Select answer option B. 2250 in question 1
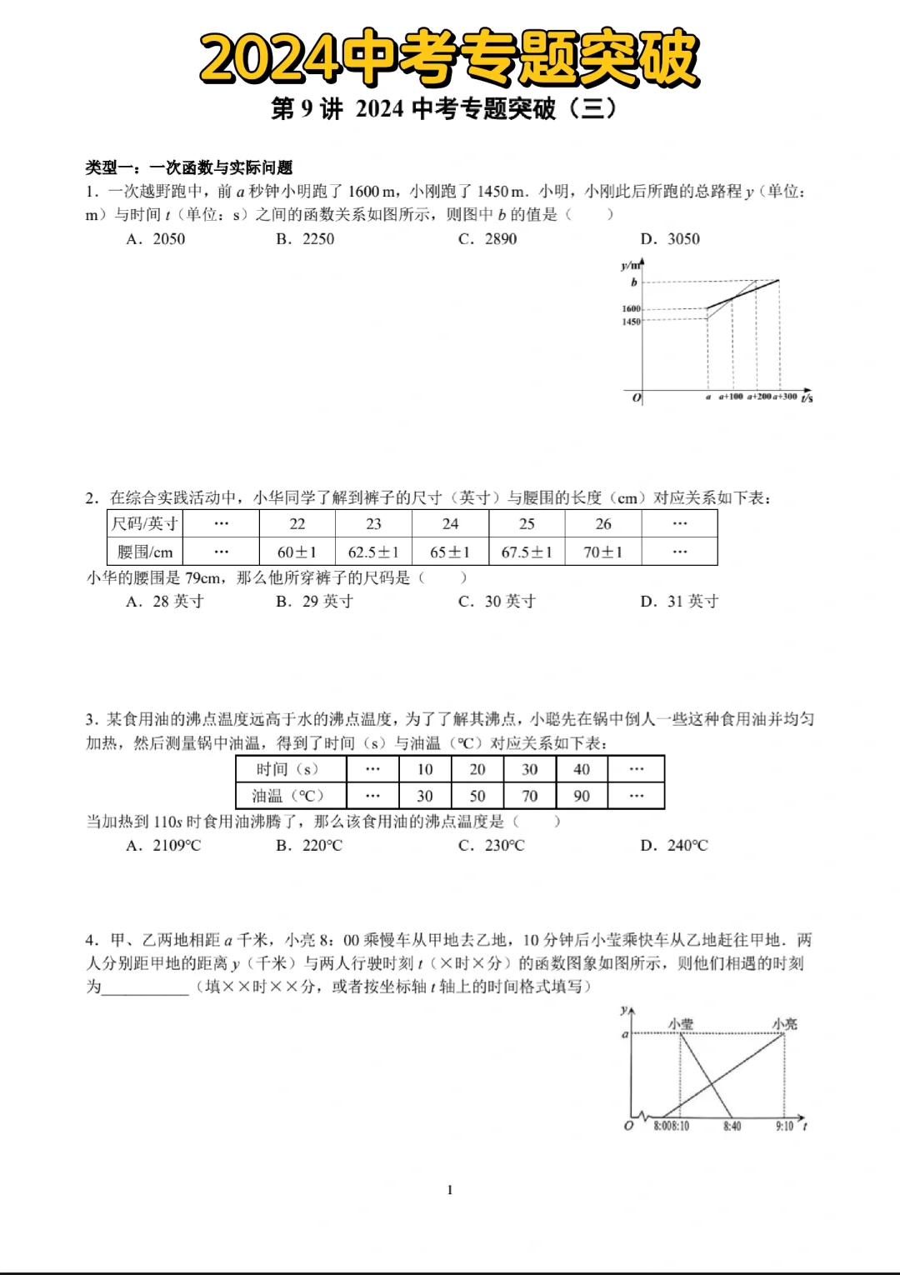click(305, 239)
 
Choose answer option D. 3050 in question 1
click(670, 239)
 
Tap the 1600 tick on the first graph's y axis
click(631, 308)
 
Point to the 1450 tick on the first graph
click(631, 322)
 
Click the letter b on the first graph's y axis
click(634, 282)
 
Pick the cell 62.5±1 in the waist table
click(373, 552)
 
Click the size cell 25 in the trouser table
click(527, 524)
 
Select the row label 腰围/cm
click(145, 552)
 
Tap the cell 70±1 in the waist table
click(602, 552)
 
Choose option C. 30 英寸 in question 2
click(497, 602)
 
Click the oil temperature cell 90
click(582, 796)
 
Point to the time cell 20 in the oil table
click(477, 769)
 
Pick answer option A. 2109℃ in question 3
click(164, 846)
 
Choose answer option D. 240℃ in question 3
click(674, 846)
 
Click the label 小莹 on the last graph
click(681, 1023)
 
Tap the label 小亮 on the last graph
click(784, 1023)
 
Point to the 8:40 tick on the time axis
click(732, 1127)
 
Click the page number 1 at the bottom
click(450, 1190)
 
